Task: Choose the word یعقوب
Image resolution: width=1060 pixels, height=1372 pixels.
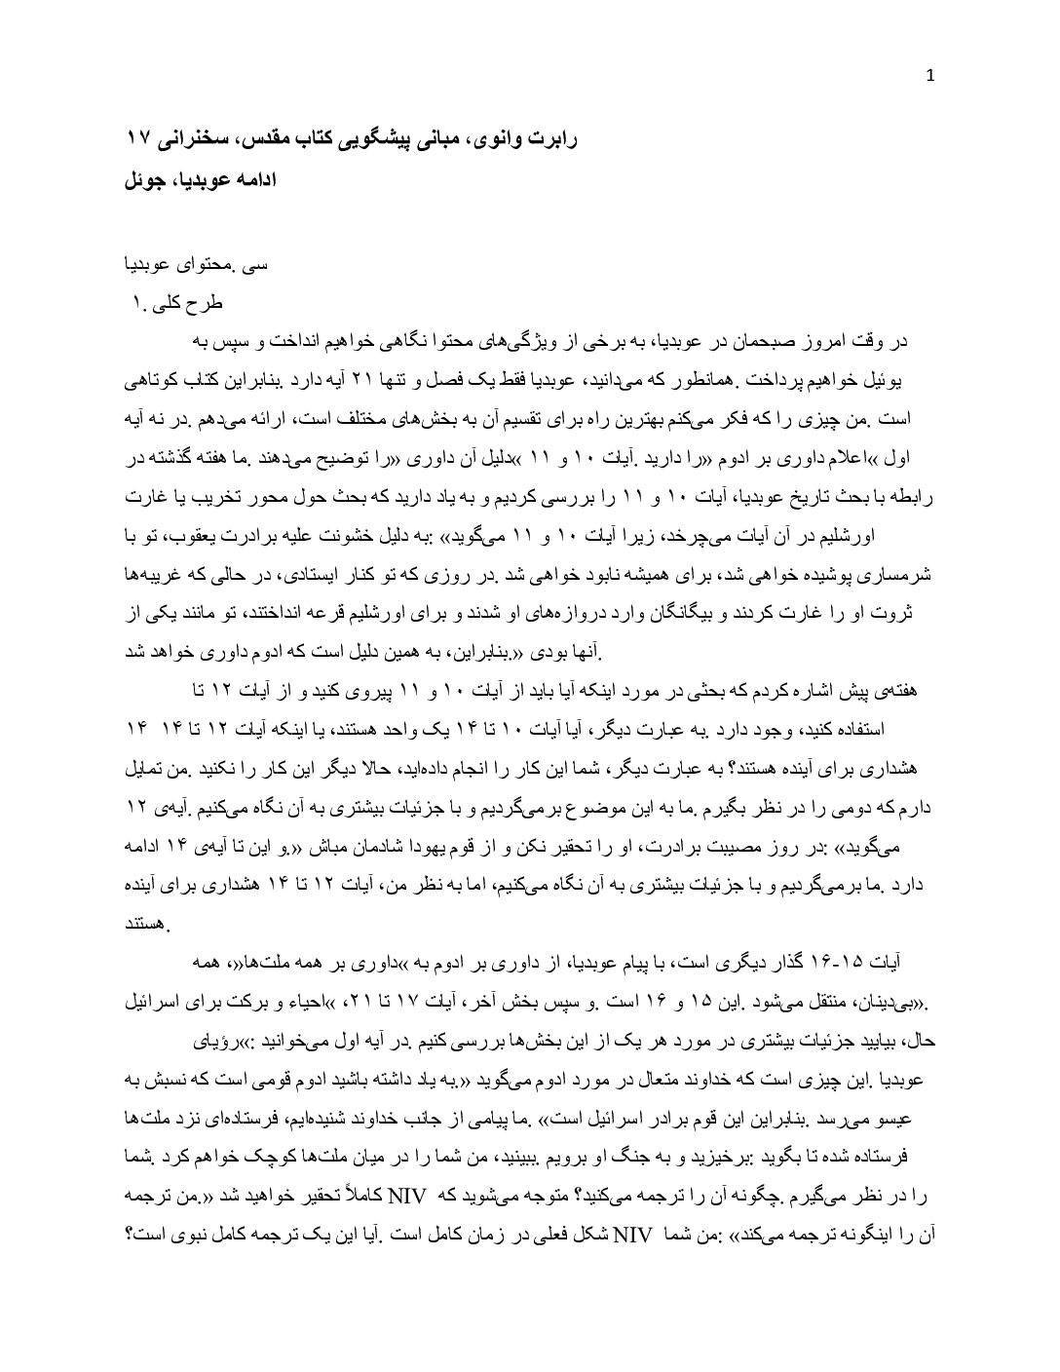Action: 829,536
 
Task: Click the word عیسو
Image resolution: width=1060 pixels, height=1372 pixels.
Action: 914,1113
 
